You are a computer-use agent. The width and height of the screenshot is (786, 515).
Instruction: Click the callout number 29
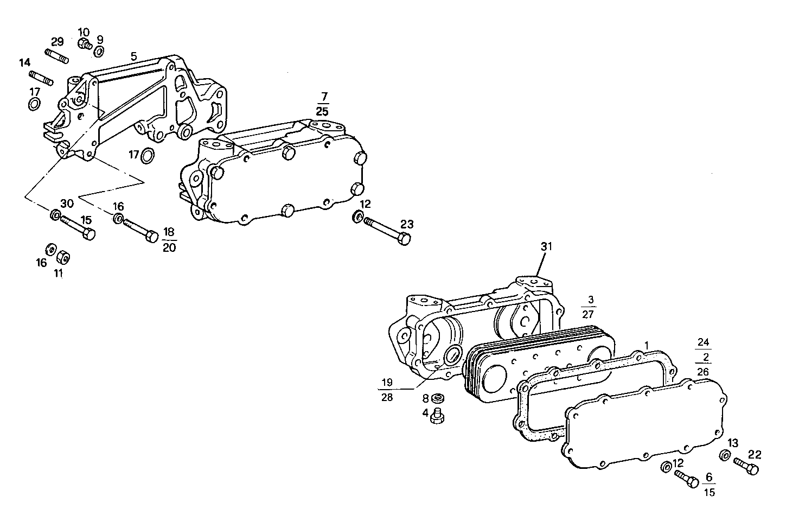57,41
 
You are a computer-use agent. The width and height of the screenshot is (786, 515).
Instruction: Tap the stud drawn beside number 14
41,78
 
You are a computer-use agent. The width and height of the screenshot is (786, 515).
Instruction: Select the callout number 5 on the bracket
133,55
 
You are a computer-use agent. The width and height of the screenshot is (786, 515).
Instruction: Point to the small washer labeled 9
99,52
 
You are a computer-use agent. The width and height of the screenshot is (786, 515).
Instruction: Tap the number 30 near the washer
67,204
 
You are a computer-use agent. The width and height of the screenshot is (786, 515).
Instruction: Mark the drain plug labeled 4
437,416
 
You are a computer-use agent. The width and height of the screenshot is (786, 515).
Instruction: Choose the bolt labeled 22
746,466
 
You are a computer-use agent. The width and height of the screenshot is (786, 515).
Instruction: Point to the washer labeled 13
724,455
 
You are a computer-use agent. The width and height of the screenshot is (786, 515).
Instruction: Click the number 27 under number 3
588,314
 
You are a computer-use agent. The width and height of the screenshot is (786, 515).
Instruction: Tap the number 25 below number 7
322,111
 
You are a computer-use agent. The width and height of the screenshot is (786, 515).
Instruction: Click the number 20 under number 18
169,247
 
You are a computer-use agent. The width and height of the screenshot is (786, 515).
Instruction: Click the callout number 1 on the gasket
646,345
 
